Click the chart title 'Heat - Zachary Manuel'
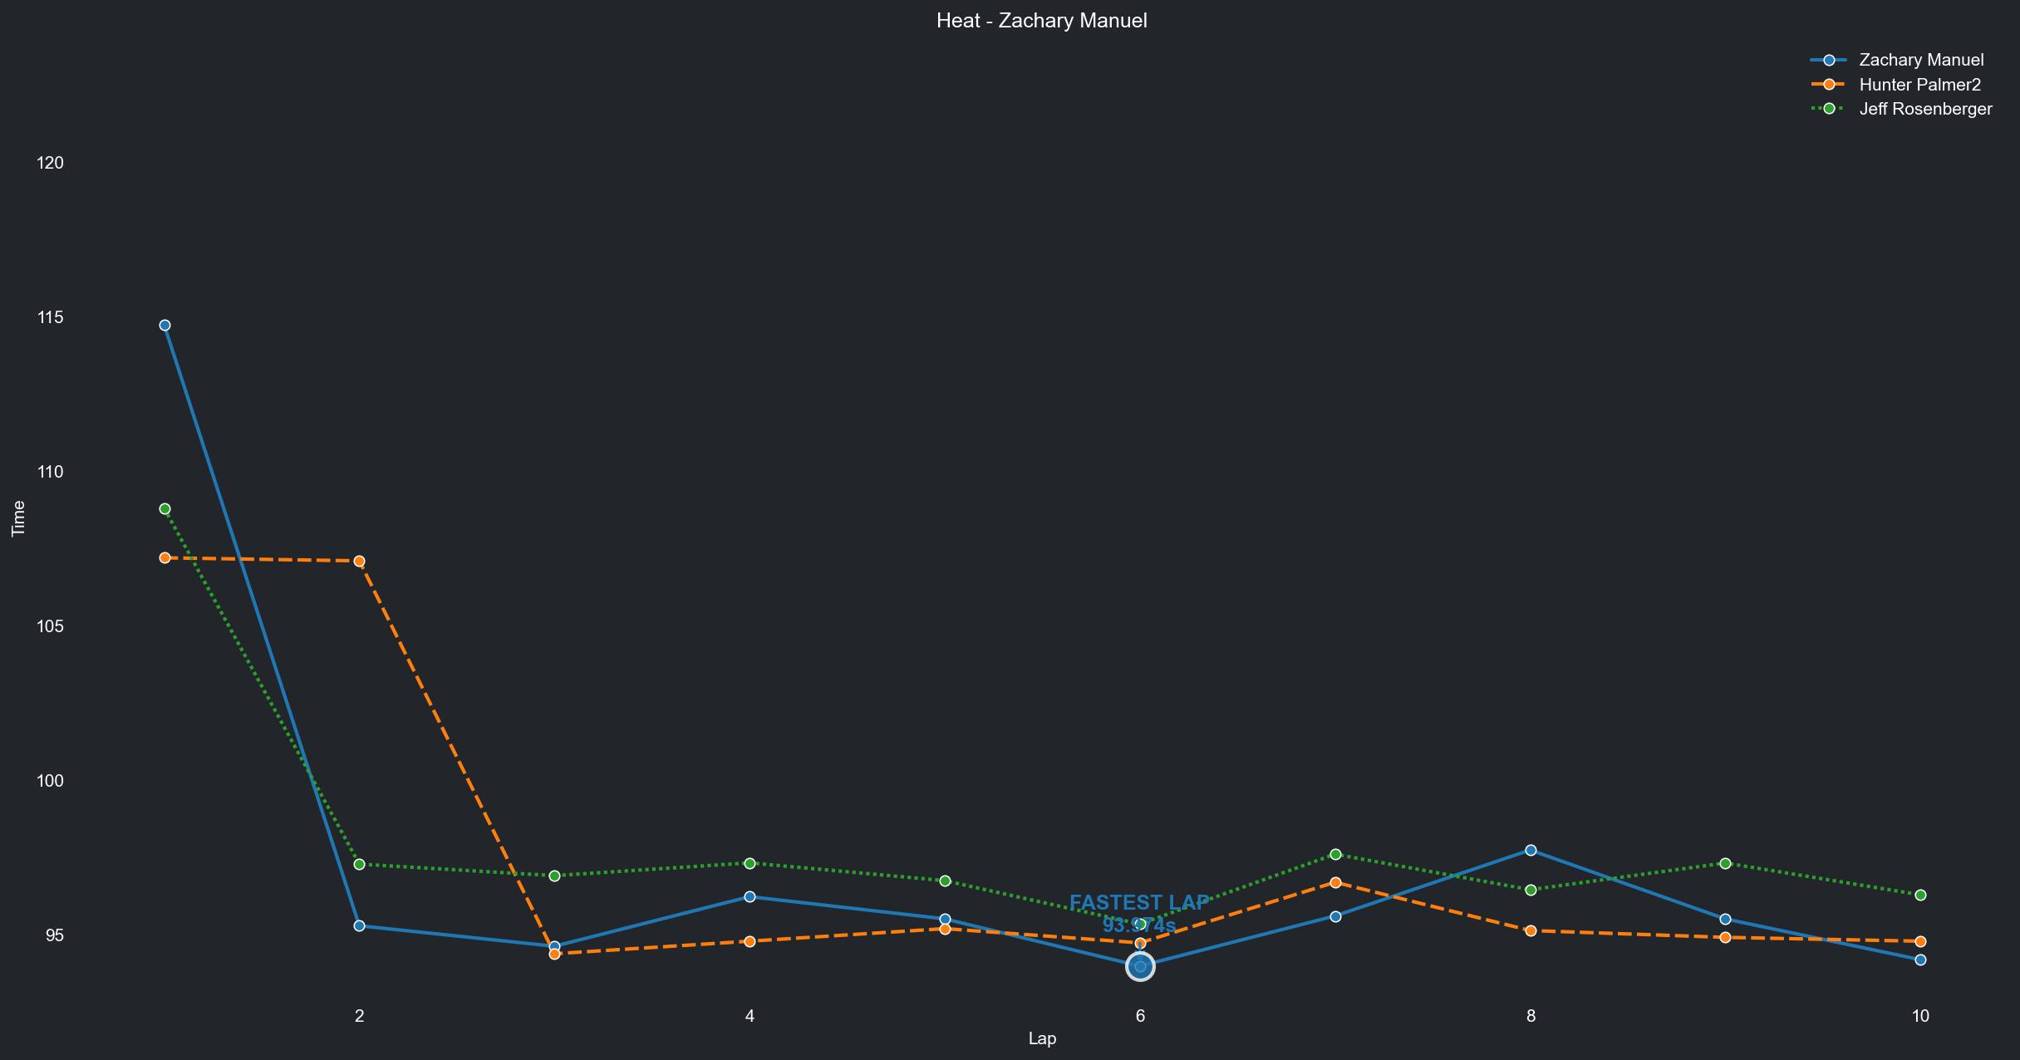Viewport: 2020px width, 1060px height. (1041, 21)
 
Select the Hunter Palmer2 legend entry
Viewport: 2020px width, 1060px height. (1919, 85)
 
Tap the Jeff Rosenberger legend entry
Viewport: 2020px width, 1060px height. (1924, 109)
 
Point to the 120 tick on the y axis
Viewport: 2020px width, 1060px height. (51, 163)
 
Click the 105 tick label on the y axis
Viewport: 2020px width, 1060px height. (51, 626)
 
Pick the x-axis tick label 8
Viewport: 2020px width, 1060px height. (1531, 1015)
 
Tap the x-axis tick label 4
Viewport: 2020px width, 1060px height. (750, 1015)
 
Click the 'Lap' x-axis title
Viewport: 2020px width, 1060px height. (1042, 1038)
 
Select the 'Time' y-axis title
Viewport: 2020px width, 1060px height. (18, 519)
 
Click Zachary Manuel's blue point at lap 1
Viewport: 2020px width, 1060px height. (165, 326)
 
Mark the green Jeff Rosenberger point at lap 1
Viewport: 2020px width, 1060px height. (165, 509)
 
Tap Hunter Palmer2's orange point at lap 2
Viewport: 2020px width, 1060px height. (359, 562)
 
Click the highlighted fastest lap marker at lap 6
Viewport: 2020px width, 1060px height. (1140, 966)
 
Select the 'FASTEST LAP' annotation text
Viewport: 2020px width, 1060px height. (1138, 903)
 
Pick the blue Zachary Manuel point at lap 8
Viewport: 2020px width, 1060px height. (1531, 851)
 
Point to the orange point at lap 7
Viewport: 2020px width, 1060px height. (1335, 883)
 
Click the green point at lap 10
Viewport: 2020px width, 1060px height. (1920, 896)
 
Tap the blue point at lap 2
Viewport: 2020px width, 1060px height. (359, 925)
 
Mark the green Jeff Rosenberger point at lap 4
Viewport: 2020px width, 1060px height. (750, 864)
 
